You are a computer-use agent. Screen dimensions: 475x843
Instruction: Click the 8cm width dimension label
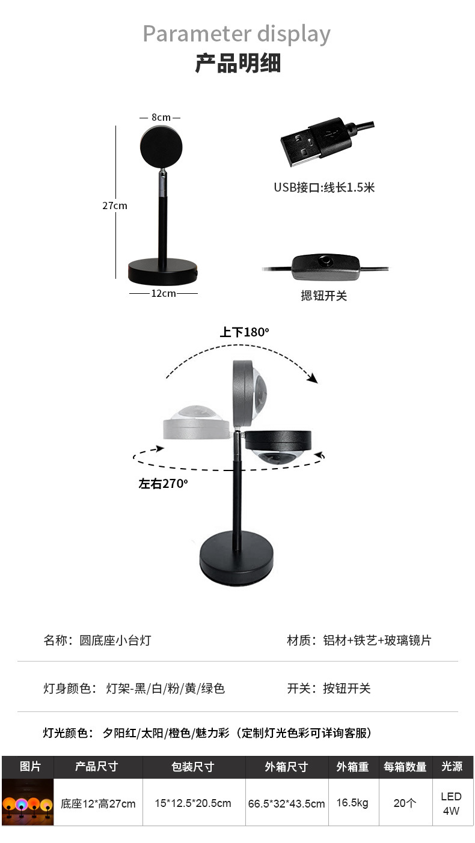[160, 118]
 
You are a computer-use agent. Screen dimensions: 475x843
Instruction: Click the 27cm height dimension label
[115, 205]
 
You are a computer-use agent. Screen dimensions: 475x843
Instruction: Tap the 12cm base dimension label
[163, 293]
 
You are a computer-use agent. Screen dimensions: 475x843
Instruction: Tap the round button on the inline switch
[326, 261]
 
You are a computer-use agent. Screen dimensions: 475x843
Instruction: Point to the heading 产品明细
[237, 63]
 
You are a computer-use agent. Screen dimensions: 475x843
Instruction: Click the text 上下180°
[244, 332]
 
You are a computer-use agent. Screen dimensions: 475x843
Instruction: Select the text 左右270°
[163, 483]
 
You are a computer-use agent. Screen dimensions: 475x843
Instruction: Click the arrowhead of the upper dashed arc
[311, 378]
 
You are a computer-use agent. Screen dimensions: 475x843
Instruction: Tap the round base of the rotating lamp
[239, 557]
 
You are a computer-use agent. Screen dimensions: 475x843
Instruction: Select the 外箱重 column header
[352, 767]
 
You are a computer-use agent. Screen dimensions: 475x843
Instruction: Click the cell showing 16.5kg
[352, 803]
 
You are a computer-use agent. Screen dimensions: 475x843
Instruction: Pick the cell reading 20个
[405, 803]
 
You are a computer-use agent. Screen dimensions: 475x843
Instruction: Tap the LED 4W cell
[451, 803]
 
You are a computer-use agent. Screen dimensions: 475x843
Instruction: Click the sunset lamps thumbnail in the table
[28, 803]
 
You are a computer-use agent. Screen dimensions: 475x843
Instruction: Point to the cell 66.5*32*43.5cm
[286, 803]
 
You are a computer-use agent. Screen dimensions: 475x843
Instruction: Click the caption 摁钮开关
[324, 296]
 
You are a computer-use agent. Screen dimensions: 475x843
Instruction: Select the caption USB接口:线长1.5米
[324, 187]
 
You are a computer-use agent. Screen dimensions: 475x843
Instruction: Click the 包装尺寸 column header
[192, 767]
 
